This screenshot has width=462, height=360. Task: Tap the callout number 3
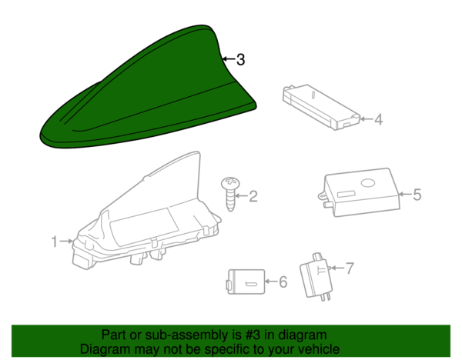[x=241, y=59]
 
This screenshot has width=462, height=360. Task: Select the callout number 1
[x=54, y=242]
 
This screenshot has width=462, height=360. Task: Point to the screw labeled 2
[x=230, y=194]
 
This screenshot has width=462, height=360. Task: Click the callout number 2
[x=253, y=196]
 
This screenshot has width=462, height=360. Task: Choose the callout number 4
[x=379, y=119]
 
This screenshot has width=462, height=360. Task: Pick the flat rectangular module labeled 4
[x=321, y=107]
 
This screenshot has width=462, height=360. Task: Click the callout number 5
[x=417, y=195]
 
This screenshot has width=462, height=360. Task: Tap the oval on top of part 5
[x=368, y=183]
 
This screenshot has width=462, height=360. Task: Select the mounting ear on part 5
[x=322, y=195]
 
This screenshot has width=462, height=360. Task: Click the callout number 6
[x=283, y=282]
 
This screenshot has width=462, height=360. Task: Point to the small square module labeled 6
[x=246, y=282]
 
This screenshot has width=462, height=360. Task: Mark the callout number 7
[x=349, y=268]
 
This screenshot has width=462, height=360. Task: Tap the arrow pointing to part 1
[x=66, y=242]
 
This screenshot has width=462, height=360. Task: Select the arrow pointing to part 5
[x=405, y=195]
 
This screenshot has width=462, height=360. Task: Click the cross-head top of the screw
[x=230, y=183]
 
